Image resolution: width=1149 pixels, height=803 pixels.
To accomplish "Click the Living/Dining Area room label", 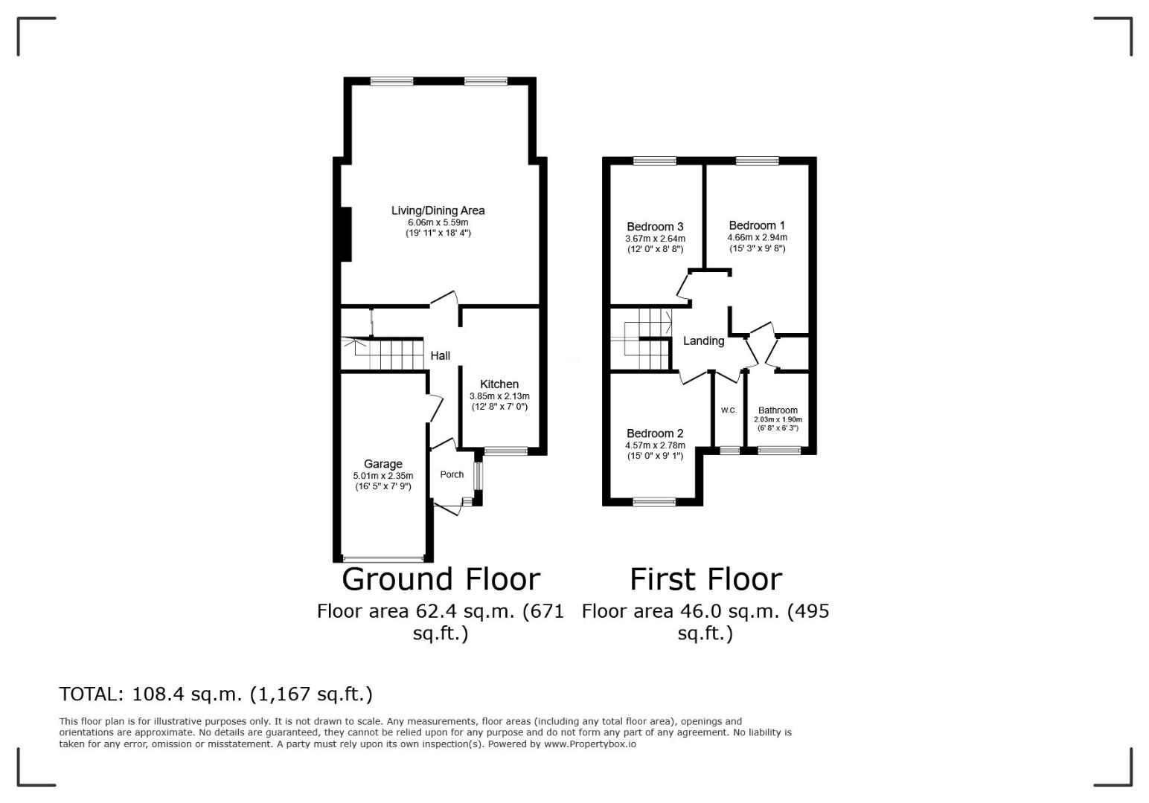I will [x=438, y=210].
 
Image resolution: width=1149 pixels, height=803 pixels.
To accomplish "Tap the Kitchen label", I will [x=499, y=384].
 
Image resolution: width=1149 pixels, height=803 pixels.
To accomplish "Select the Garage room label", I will [x=383, y=464].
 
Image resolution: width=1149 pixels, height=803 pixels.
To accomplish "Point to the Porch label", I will [x=452, y=474].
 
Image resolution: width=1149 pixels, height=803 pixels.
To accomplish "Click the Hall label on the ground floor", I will [x=440, y=356].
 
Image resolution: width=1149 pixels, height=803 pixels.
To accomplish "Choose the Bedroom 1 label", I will [x=756, y=225].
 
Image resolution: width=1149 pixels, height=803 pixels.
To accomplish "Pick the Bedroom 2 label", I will [x=654, y=433].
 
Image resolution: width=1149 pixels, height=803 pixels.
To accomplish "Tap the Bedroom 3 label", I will [x=654, y=227].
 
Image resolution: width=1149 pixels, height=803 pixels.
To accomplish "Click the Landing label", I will [x=703, y=341].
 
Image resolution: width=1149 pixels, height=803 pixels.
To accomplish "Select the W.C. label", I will [x=729, y=410].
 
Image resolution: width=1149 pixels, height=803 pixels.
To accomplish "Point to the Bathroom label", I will [x=778, y=410].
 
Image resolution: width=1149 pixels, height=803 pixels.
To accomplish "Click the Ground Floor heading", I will [x=441, y=579].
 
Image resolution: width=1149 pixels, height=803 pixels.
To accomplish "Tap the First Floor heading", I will [x=705, y=579].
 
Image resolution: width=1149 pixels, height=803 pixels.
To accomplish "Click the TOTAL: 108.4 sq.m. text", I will [x=216, y=694].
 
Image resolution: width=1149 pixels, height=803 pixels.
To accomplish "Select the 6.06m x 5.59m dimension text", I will [x=438, y=222].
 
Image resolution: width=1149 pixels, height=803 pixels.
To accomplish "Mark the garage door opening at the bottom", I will [x=383, y=558].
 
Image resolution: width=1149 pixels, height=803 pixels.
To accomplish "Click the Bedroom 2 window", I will [x=654, y=503].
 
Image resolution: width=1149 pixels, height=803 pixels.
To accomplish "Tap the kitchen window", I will [x=505, y=451].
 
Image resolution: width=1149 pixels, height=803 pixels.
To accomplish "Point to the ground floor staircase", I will [x=387, y=354].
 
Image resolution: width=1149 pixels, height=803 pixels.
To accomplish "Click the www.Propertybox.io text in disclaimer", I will [x=589, y=744].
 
